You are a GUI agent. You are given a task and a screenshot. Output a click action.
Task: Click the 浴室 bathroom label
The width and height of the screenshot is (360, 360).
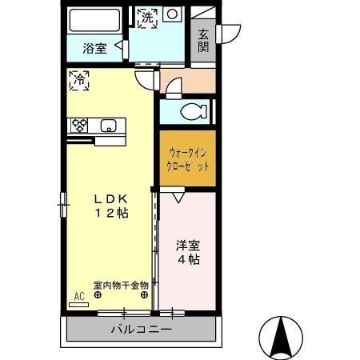click(x=94, y=48)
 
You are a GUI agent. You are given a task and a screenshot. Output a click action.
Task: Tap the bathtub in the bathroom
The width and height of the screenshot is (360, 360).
click(x=94, y=20)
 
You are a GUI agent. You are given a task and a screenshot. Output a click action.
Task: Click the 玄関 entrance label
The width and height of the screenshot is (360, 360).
click(x=204, y=41)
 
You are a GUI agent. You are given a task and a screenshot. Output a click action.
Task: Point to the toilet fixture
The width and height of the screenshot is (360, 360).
click(x=192, y=112)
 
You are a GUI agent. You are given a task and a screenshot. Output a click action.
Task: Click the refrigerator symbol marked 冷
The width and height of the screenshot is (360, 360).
click(x=79, y=79)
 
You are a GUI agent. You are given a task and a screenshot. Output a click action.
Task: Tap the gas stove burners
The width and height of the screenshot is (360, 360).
click(x=80, y=125)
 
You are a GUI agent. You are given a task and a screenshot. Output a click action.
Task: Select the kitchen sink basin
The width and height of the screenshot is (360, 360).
click(x=109, y=125)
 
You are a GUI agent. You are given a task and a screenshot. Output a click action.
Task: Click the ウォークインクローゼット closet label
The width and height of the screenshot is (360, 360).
click(x=186, y=159)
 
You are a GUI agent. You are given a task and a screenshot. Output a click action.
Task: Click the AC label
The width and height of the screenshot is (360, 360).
click(x=79, y=296)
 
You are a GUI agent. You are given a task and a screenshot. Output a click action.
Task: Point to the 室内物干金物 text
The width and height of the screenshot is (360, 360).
click(x=120, y=286)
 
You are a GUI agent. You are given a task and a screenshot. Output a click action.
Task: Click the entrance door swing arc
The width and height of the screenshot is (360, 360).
click(x=231, y=33)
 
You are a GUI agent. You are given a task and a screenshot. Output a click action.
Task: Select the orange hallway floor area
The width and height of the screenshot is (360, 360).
click(x=188, y=81)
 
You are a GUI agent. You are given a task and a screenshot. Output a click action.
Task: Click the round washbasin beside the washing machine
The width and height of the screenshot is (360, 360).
click(x=171, y=14)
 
